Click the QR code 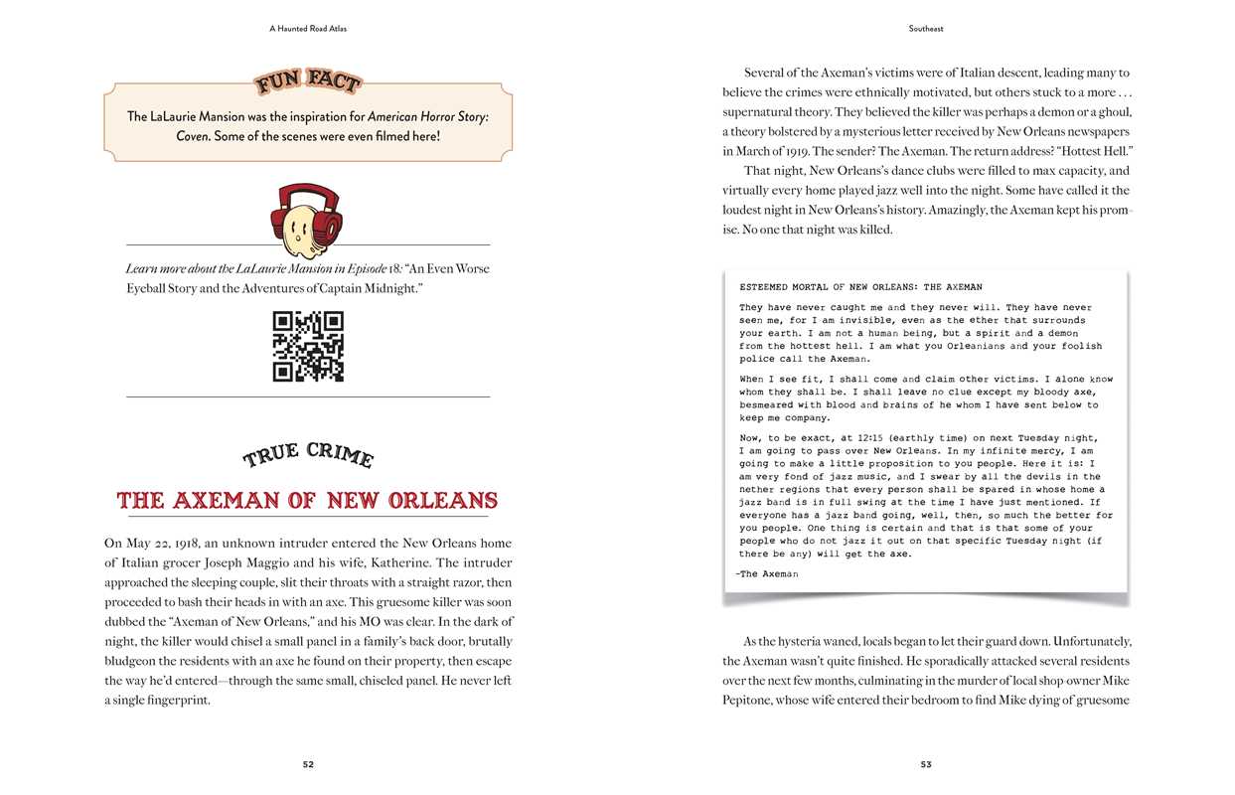point(308,347)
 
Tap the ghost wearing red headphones point(307,220)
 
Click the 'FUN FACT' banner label point(308,82)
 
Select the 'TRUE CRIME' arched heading point(308,455)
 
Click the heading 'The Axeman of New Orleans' point(308,500)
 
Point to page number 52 point(308,764)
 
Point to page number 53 point(925,764)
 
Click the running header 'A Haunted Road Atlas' point(308,29)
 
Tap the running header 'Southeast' point(925,29)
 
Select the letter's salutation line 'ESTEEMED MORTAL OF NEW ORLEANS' point(860,287)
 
